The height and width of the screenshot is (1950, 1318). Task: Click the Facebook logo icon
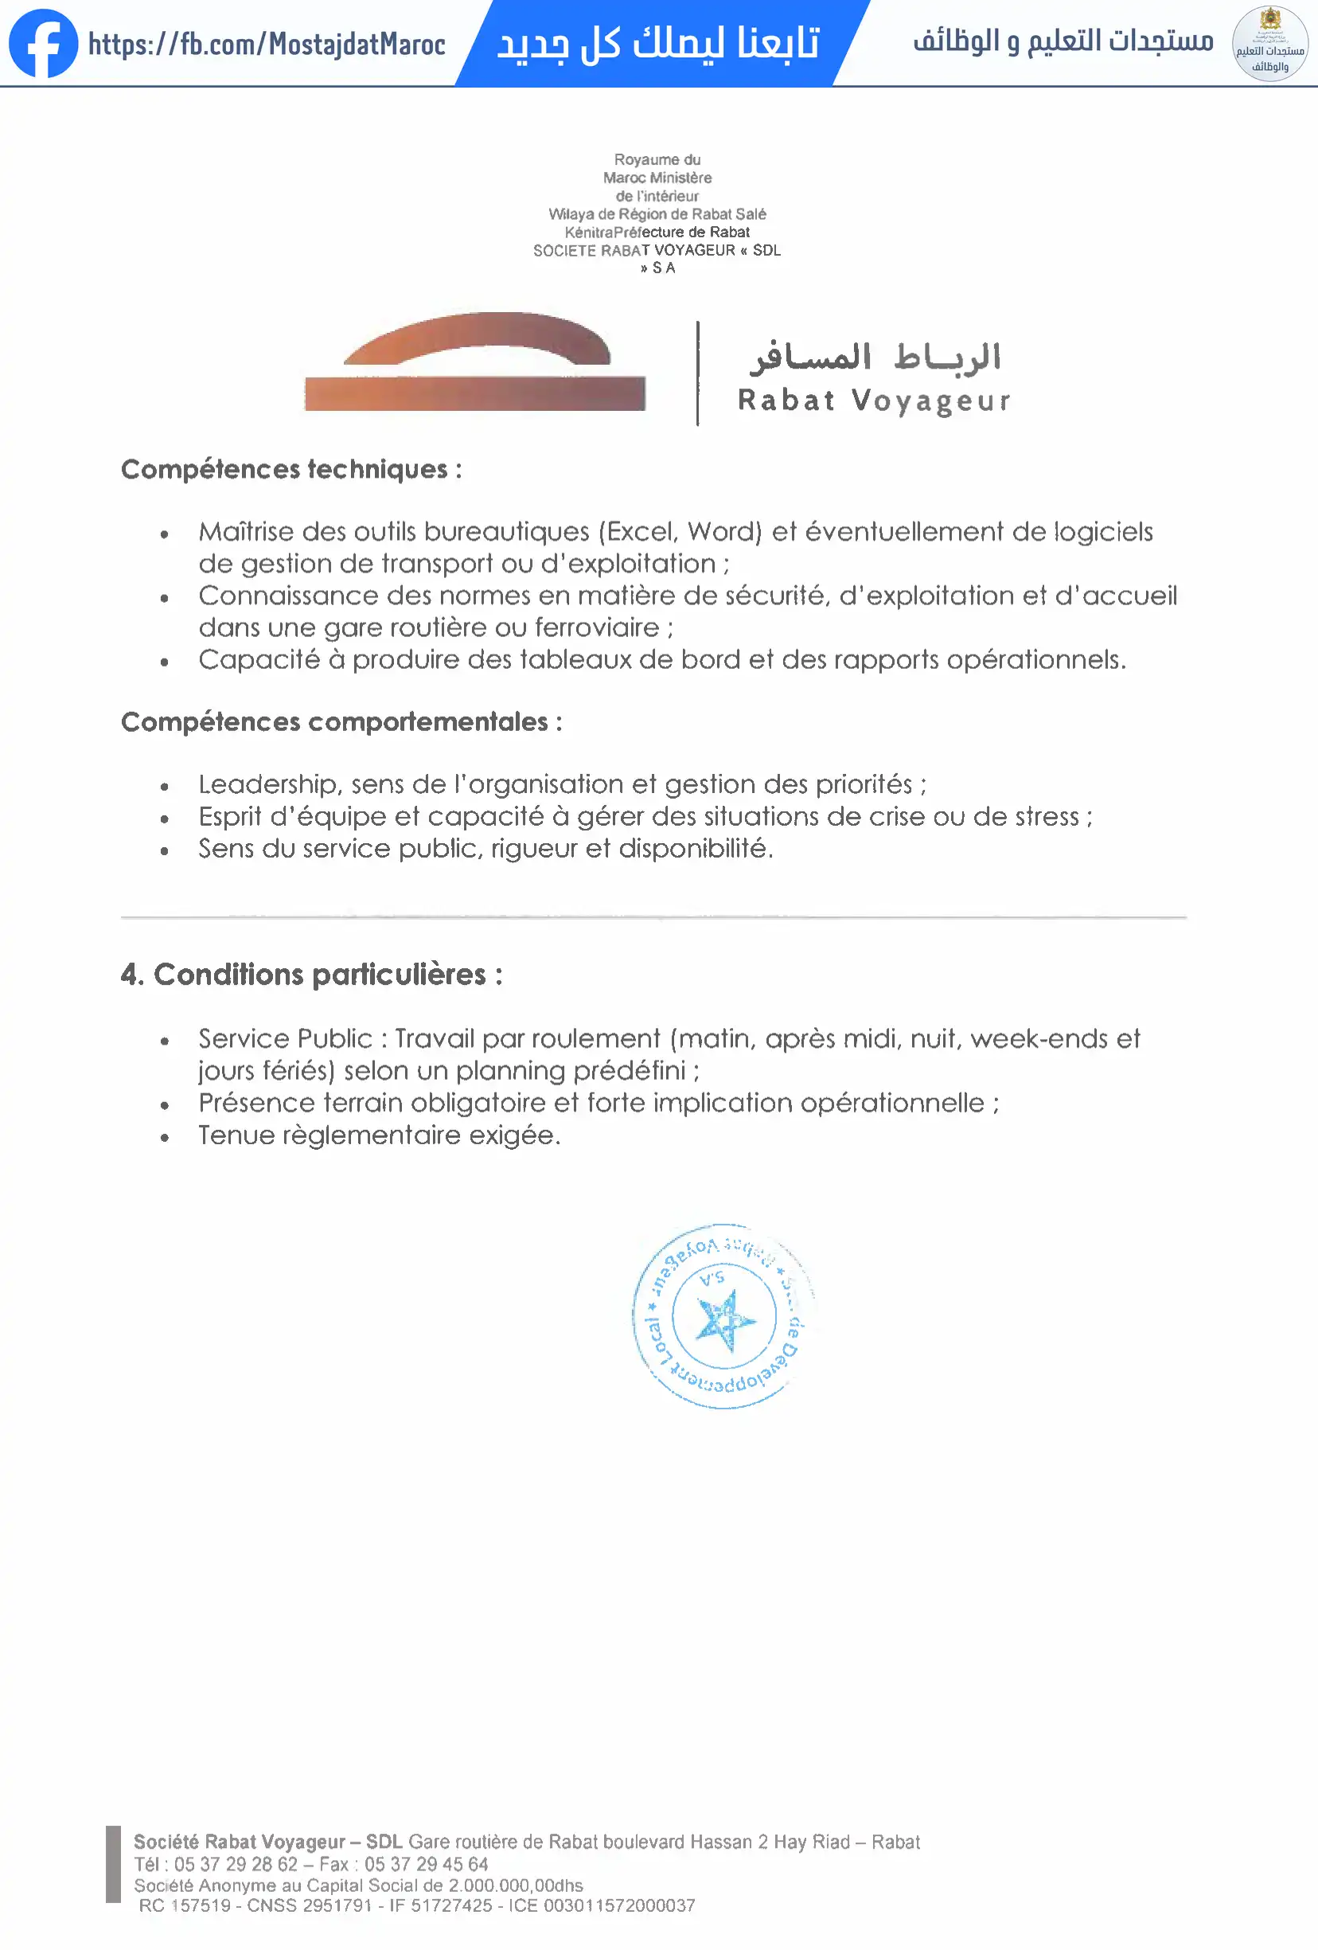click(43, 44)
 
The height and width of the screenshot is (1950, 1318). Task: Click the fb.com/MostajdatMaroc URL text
click(267, 44)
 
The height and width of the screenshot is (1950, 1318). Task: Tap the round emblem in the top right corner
click(1269, 44)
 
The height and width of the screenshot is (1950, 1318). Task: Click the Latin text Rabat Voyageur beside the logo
click(874, 401)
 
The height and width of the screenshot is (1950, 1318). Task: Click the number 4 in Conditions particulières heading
click(130, 975)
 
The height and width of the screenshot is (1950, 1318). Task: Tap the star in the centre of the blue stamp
click(725, 1321)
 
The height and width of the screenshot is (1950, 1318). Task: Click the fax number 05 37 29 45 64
click(425, 1865)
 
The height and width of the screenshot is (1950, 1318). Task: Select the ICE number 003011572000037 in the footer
click(619, 1905)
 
